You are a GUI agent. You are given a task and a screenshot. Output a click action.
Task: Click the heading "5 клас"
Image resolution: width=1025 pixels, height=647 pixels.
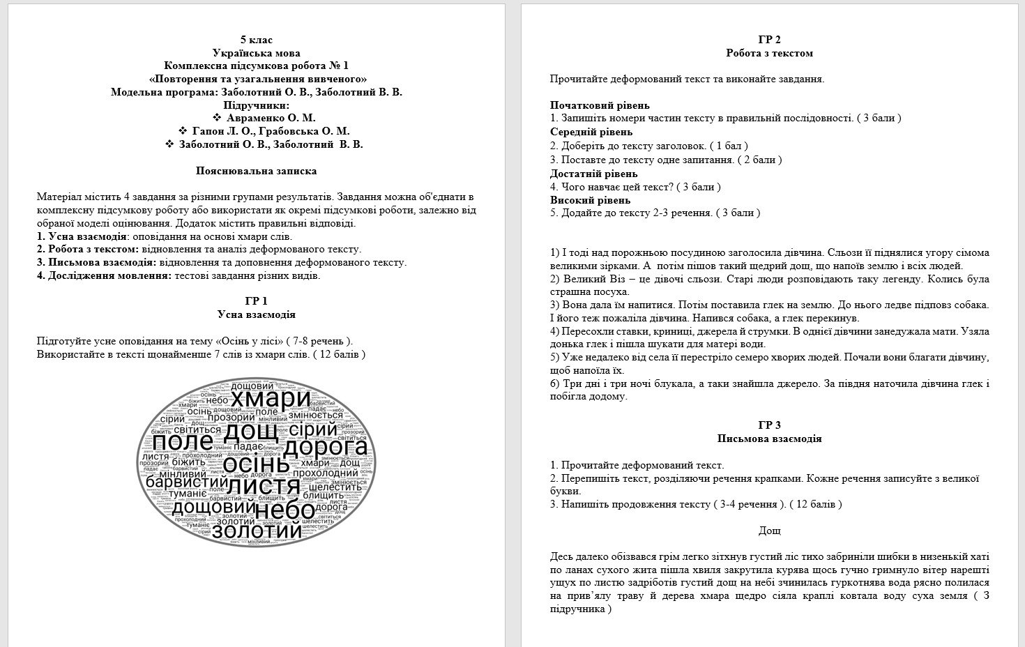tap(256, 40)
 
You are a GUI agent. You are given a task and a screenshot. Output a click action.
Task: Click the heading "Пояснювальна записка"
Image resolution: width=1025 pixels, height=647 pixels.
tap(256, 171)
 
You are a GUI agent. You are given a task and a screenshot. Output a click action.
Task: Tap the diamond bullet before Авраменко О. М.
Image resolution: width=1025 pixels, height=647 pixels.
tap(216, 118)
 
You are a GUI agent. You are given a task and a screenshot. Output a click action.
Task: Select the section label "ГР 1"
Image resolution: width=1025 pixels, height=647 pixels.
tap(256, 301)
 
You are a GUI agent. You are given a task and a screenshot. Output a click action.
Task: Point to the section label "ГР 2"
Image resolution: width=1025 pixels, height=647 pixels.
tap(769, 40)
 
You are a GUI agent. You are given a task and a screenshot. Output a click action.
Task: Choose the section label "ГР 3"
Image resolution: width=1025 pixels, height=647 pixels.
tap(769, 425)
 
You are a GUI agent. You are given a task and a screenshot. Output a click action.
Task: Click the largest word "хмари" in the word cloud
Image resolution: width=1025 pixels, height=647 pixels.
tap(271, 399)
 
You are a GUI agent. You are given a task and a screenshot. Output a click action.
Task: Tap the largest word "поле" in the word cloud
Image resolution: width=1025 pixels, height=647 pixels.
tap(183, 442)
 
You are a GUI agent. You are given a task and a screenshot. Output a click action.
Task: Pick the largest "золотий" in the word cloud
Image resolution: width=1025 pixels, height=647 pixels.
tap(257, 531)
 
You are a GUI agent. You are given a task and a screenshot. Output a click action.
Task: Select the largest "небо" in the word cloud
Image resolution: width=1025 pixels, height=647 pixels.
tap(286, 511)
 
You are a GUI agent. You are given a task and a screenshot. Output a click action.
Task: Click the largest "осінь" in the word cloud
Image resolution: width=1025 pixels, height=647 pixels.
tap(255, 465)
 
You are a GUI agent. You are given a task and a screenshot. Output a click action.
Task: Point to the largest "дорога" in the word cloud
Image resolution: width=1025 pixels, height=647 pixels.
tap(326, 447)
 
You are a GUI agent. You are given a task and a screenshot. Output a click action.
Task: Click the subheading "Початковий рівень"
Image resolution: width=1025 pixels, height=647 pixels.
tap(600, 105)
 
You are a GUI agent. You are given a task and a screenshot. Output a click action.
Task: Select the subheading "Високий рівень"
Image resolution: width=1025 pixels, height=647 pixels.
tap(590, 200)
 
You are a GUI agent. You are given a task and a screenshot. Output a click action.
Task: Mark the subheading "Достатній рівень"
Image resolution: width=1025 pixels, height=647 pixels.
tap(593, 174)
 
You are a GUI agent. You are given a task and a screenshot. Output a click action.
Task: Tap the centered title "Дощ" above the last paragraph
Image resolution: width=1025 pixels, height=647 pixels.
tap(769, 531)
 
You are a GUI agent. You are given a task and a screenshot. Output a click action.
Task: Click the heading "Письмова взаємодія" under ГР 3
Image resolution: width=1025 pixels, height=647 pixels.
tap(769, 439)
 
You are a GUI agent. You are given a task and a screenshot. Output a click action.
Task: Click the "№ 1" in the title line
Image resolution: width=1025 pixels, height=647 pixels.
tap(337, 66)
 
